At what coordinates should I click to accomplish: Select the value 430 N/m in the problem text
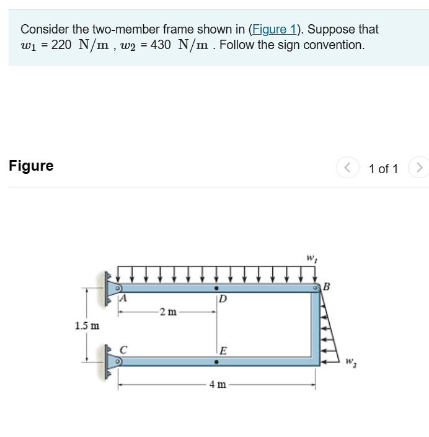[180, 45]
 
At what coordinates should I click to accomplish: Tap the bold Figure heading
[31, 166]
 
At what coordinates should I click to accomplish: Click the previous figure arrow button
[347, 168]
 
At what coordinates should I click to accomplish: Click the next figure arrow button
[420, 168]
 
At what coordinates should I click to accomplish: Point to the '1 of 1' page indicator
[383, 168]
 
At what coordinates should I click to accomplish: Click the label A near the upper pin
[123, 299]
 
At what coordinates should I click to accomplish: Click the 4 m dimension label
[217, 385]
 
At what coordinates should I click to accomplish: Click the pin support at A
[113, 289]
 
